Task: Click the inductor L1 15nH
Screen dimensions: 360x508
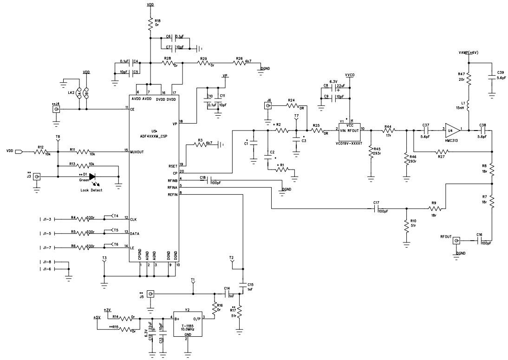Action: coord(469,106)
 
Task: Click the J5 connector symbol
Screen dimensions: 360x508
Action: coord(150,294)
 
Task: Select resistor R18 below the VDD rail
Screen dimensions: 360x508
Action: coord(150,25)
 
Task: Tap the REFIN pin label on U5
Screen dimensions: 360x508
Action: coord(174,194)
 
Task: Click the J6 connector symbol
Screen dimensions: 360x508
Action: coord(268,106)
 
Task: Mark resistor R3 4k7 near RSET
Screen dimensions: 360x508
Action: coord(200,144)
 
